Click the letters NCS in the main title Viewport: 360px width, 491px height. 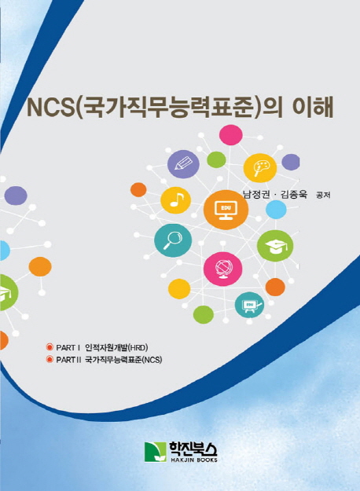coord(51,108)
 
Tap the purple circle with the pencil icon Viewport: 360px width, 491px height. coord(183,164)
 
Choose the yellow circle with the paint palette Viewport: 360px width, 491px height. coord(260,168)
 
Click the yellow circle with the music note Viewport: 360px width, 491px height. coord(176,200)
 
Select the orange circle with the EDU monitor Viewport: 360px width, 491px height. coord(226,210)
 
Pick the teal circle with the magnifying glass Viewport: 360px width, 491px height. coord(173,240)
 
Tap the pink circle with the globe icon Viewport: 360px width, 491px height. coord(222,269)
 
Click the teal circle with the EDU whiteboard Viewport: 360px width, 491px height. coord(249,305)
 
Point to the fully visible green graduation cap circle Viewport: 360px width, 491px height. coord(275,246)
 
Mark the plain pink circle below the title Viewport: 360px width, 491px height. coord(231,135)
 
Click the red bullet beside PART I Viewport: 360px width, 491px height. coord(49,347)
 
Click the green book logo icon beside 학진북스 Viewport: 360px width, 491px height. coord(156,452)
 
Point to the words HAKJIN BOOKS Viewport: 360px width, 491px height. coord(193,460)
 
